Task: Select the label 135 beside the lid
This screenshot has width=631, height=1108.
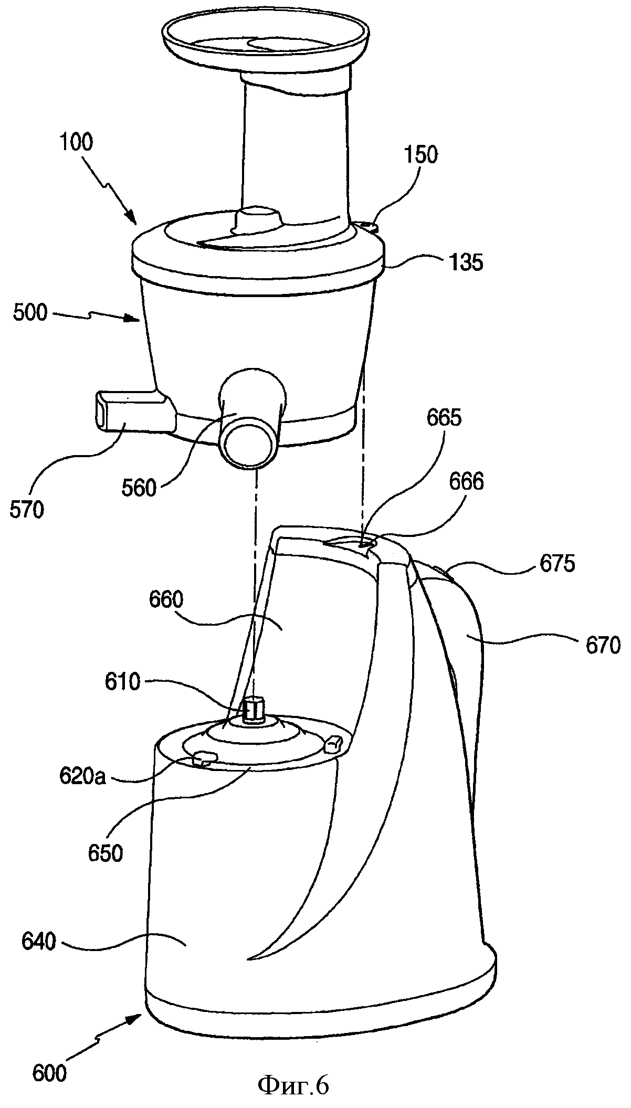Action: pyautogui.click(x=466, y=262)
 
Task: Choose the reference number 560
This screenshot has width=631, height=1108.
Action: pyautogui.click(x=139, y=488)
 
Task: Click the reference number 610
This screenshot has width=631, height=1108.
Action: pyautogui.click(x=122, y=682)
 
